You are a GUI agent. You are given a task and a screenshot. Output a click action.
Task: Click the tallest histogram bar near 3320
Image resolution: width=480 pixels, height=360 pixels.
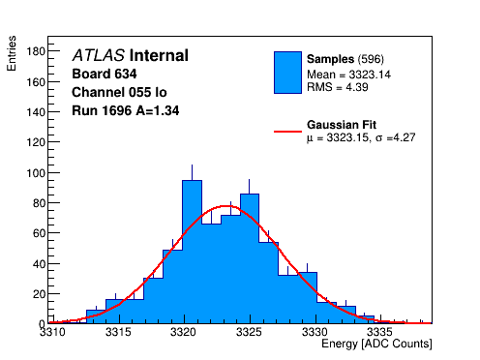pyautogui.click(x=192, y=252)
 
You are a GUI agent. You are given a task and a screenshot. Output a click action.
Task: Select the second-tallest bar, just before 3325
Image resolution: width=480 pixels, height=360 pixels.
pyautogui.click(x=250, y=258)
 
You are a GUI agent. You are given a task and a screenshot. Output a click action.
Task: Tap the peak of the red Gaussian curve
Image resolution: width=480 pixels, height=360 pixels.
pyautogui.click(x=226, y=206)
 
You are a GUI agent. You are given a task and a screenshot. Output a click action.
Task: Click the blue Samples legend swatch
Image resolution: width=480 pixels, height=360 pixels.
pyautogui.click(x=287, y=73)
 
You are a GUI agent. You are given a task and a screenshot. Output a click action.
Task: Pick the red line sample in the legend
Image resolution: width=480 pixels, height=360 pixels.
pyautogui.click(x=287, y=132)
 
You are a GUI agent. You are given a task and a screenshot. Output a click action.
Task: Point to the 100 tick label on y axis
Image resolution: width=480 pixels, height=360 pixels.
pyautogui.click(x=36, y=173)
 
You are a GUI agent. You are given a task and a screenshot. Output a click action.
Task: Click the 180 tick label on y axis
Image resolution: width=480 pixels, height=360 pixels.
pyautogui.click(x=36, y=51)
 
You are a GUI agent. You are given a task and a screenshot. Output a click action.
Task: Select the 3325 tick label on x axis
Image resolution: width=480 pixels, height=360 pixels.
pyautogui.click(x=249, y=332)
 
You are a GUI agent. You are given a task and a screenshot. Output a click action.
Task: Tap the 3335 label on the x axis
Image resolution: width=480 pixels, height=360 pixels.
pyautogui.click(x=380, y=332)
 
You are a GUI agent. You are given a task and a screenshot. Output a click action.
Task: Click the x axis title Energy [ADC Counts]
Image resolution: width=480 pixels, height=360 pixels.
pyautogui.click(x=376, y=344)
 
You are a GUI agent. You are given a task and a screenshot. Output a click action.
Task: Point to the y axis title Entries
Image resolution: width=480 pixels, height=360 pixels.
pyautogui.click(x=12, y=53)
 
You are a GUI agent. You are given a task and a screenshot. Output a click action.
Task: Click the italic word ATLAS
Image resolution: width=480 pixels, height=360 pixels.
pyautogui.click(x=99, y=55)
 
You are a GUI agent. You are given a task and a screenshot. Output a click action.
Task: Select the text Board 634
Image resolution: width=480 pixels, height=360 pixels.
pyautogui.click(x=105, y=74)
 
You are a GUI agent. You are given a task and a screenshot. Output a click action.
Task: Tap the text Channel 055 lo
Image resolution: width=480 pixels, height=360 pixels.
pyautogui.click(x=119, y=92)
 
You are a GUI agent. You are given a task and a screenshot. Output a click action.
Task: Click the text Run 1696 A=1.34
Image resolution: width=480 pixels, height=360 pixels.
pyautogui.click(x=126, y=110)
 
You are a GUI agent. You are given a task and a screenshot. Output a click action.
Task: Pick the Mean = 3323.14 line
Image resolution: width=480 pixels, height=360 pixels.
pyautogui.click(x=348, y=75)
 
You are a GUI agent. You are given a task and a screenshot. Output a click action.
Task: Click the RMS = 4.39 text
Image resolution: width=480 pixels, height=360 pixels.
pyautogui.click(x=338, y=87)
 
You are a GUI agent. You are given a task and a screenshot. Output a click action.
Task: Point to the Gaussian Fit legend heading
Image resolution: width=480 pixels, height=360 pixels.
pyautogui.click(x=342, y=125)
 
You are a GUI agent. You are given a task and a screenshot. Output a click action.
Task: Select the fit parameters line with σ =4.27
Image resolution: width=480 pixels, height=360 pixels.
pyautogui.click(x=361, y=137)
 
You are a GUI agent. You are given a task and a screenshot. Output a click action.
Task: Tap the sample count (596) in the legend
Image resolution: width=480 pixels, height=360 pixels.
pyautogui.click(x=371, y=59)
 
